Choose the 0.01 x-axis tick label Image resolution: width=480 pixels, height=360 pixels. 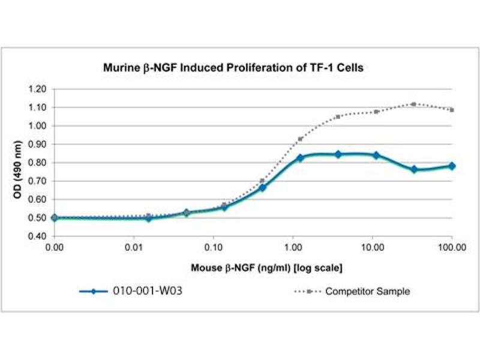[x=134, y=247]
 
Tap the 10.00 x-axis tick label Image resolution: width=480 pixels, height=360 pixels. [x=372, y=247]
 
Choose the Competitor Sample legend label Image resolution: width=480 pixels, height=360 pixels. [x=368, y=292]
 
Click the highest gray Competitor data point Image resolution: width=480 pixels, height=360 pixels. [x=413, y=104]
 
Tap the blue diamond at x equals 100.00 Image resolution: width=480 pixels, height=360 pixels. [x=452, y=166]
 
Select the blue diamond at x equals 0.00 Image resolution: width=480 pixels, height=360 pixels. [x=55, y=218]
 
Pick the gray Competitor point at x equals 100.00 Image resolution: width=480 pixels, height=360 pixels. [x=452, y=110]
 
